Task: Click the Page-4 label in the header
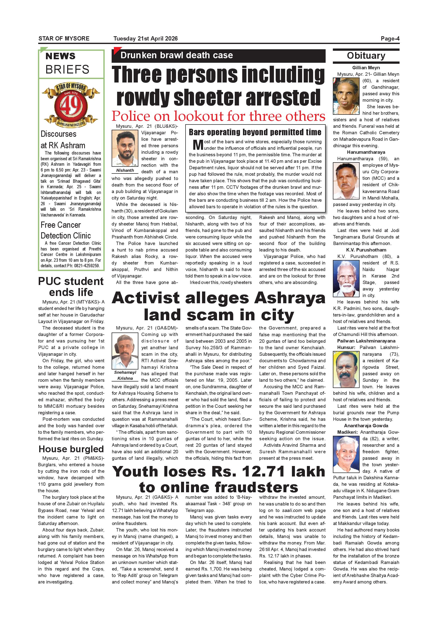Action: tap(390, 38)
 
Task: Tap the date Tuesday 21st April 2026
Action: tap(145, 38)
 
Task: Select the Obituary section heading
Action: tap(366, 56)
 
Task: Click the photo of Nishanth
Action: tap(125, 148)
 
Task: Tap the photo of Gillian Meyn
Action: tap(346, 96)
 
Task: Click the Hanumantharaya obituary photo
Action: tap(346, 181)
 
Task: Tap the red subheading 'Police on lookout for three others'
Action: tap(219, 116)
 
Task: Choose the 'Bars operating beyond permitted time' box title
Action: tap(255, 132)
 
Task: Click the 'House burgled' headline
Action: tap(71, 449)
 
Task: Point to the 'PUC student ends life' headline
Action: tap(71, 286)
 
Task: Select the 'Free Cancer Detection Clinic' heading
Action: tap(65, 230)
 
